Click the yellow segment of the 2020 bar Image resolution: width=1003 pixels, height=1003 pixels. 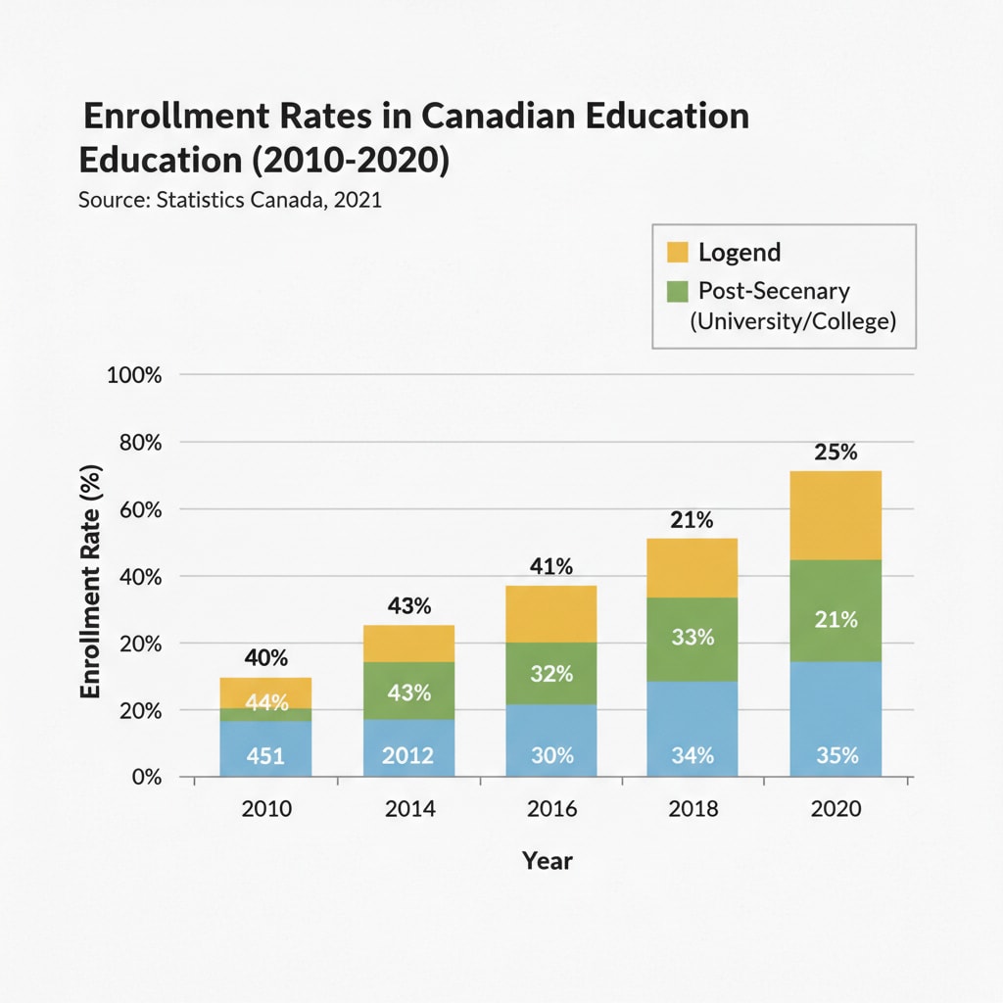click(836, 515)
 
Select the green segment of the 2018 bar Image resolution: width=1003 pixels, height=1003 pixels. click(692, 639)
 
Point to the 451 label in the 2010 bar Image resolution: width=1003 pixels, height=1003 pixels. click(265, 756)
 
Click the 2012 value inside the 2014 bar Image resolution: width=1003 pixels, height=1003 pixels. click(408, 756)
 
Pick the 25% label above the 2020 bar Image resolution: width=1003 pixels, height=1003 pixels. click(836, 453)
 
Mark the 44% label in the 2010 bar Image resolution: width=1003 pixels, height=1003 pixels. click(266, 702)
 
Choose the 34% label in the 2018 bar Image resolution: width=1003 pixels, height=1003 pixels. click(692, 756)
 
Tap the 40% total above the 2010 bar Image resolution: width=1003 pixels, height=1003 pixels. click(265, 658)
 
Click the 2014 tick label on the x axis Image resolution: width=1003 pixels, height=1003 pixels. click(408, 809)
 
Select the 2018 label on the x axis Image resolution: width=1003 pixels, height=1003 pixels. click(692, 809)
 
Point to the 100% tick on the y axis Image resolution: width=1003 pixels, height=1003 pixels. click(134, 375)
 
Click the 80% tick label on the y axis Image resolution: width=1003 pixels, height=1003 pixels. click(138, 443)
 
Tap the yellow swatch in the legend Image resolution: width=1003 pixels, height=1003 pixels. click(678, 252)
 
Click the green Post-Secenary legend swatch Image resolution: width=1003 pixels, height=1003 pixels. click(678, 291)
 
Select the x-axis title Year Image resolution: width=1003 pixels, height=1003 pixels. click(547, 861)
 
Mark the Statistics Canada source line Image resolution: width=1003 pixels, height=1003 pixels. click(229, 200)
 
